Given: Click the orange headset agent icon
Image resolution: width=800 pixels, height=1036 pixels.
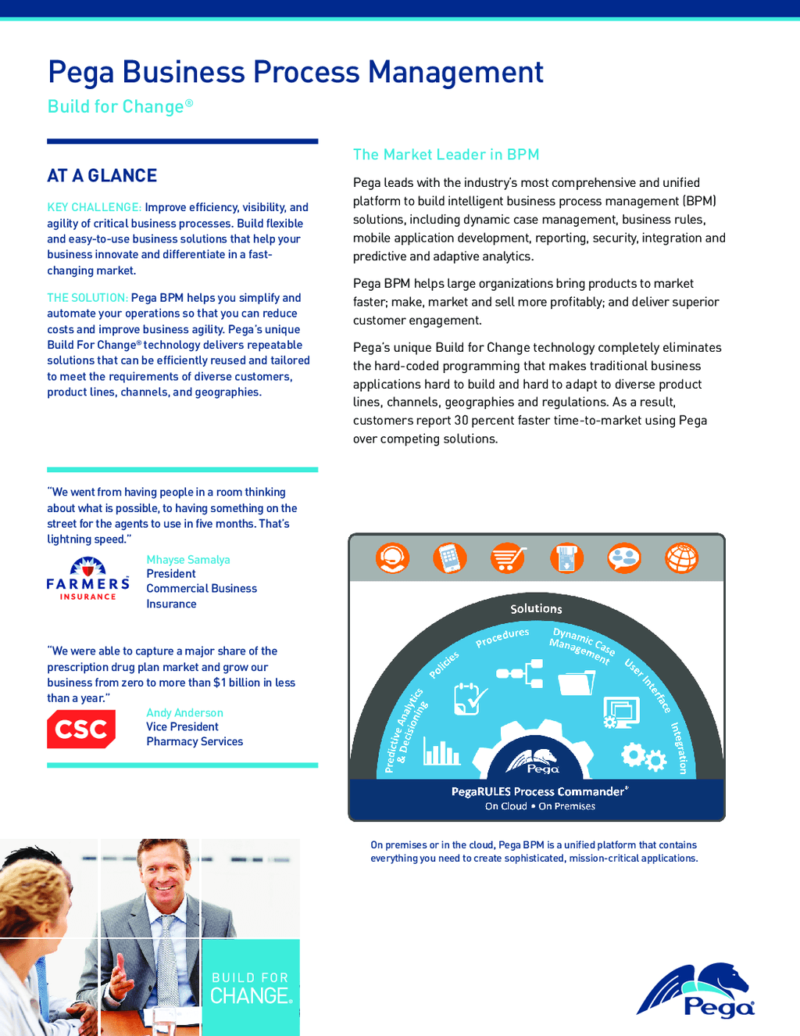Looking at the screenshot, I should pyautogui.click(x=392, y=558).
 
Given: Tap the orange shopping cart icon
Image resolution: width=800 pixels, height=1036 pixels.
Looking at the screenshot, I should pyautogui.click(x=508, y=558).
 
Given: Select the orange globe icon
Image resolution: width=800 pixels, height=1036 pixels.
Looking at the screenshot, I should pyautogui.click(x=681, y=558).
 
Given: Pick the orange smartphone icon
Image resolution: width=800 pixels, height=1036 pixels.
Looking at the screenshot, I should pyautogui.click(x=450, y=558).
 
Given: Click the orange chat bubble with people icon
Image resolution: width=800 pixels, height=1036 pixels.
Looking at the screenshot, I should pyautogui.click(x=623, y=558).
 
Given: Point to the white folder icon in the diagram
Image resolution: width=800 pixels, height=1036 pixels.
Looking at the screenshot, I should pyautogui.click(x=576, y=683).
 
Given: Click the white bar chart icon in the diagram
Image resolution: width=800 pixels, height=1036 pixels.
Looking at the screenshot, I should pyautogui.click(x=441, y=752).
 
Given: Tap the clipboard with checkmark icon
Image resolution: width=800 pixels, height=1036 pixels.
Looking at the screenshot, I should pyautogui.click(x=470, y=698).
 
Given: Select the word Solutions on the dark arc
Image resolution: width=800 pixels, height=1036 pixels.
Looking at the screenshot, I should pyautogui.click(x=536, y=608).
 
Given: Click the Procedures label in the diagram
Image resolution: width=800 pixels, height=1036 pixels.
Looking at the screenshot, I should pyautogui.click(x=502, y=637).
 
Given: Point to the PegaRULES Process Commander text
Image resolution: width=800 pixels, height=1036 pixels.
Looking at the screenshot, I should pyautogui.click(x=538, y=791).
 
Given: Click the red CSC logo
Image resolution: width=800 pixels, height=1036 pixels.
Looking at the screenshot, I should pyautogui.click(x=81, y=729).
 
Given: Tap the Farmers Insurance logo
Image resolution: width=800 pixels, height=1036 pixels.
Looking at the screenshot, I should pyautogui.click(x=87, y=579).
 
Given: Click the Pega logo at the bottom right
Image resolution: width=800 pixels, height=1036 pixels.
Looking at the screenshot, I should pyautogui.click(x=695, y=991).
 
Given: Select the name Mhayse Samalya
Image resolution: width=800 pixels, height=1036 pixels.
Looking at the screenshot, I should pyautogui.click(x=188, y=560).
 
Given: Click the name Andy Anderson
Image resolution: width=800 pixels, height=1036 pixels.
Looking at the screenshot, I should pyautogui.click(x=184, y=713).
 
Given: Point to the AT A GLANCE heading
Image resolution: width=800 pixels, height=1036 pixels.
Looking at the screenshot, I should pyautogui.click(x=102, y=176).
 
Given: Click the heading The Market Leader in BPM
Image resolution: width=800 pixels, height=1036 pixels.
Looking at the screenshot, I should pyautogui.click(x=446, y=155).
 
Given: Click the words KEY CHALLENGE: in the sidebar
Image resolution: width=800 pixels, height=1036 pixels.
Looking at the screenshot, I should pyautogui.click(x=94, y=207).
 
